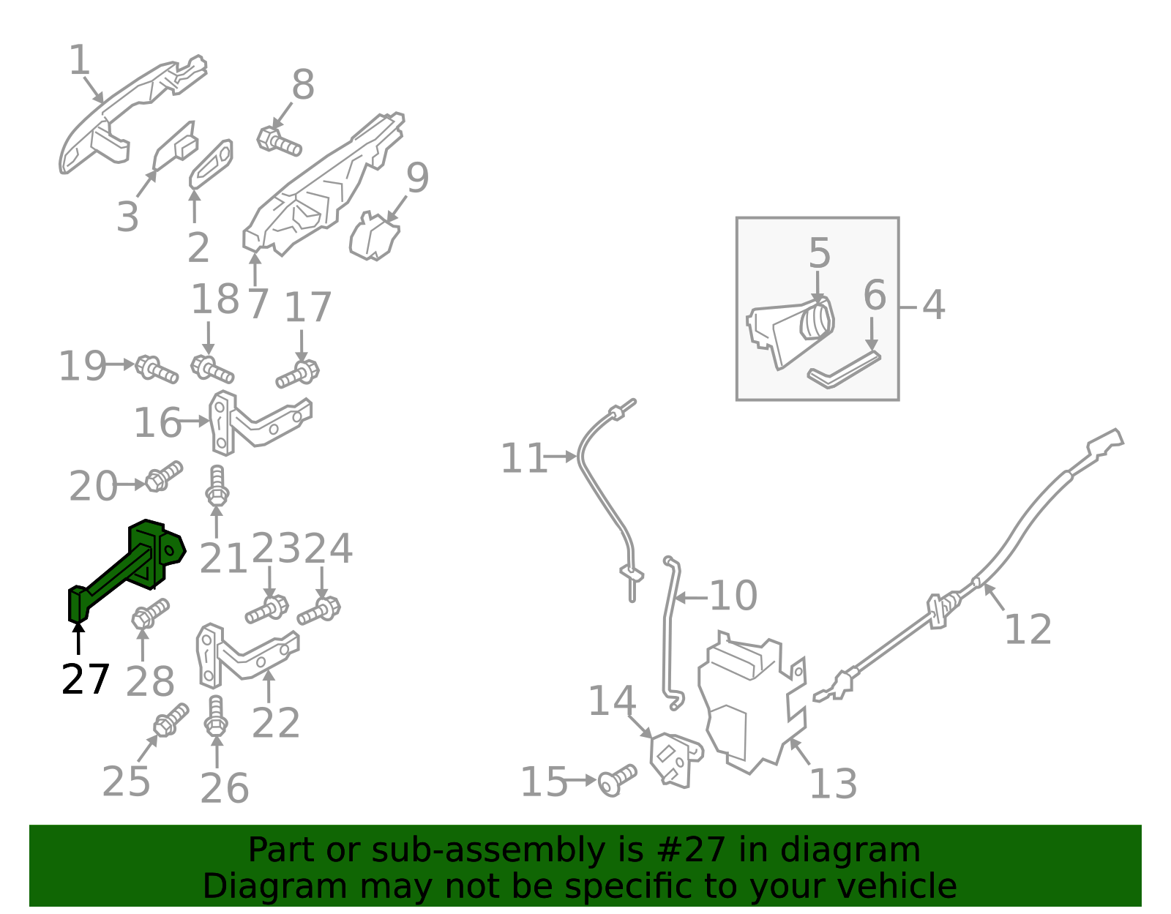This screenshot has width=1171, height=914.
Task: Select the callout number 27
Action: tap(85, 679)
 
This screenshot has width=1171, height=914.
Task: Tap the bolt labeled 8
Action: tap(279, 141)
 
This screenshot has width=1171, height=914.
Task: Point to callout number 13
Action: tap(833, 784)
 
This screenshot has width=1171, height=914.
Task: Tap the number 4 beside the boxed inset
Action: tap(933, 305)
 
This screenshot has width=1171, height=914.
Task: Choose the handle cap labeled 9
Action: tap(375, 236)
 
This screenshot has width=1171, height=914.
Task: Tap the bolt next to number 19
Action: tap(157, 370)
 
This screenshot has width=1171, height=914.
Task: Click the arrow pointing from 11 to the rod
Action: tap(561, 457)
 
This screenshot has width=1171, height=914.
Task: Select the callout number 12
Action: tap(1028, 629)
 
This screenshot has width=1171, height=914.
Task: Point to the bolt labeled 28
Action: tap(150, 614)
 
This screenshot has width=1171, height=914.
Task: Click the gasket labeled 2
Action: tap(212, 164)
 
